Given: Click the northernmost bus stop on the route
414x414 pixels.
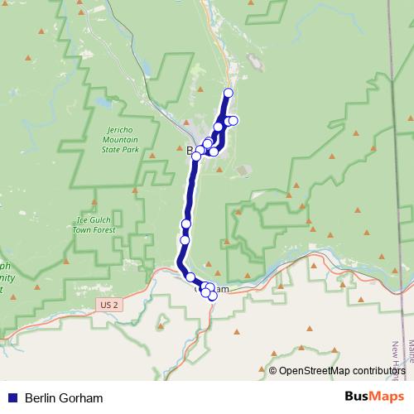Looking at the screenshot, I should tap(229, 93).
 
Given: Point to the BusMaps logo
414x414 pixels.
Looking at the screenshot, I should tap(375, 397).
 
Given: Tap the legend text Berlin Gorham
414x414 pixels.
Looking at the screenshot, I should tap(64, 397).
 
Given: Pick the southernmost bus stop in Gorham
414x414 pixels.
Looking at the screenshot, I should tap(212, 296).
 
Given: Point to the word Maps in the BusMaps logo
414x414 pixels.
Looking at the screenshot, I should tap(388, 397).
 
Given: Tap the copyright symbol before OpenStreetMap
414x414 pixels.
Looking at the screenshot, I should tap(273, 371).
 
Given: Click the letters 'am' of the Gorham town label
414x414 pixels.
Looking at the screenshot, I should tap(221, 289).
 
